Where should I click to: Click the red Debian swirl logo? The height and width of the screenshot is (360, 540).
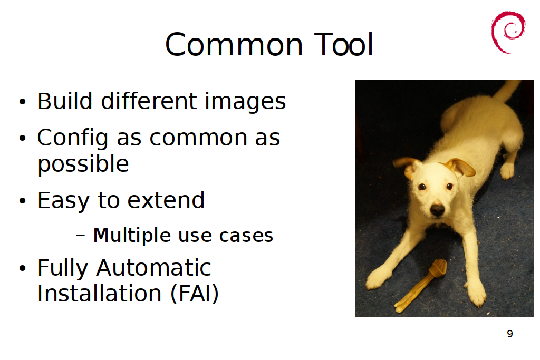click(x=508, y=32)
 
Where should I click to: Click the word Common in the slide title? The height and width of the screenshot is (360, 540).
click(x=234, y=45)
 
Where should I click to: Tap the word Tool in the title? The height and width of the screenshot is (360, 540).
click(x=343, y=44)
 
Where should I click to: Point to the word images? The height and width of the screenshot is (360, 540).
click(x=245, y=102)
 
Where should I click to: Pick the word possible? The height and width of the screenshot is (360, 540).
click(x=83, y=164)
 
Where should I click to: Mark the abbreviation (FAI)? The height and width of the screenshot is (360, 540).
click(x=195, y=294)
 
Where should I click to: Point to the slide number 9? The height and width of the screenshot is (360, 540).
click(x=510, y=334)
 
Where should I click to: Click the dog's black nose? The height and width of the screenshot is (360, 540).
click(x=437, y=209)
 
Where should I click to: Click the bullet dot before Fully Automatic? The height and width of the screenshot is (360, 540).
click(x=22, y=268)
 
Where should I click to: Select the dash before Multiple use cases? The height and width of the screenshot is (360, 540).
click(x=80, y=236)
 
